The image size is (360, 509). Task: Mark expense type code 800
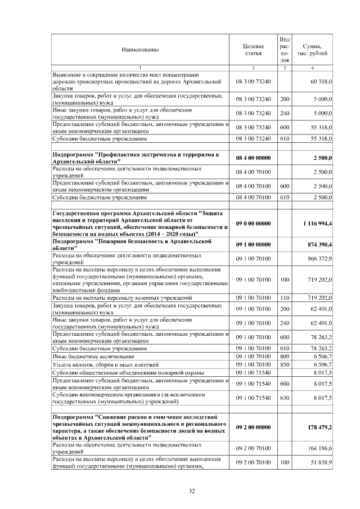(284, 356)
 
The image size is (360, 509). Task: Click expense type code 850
(284, 364)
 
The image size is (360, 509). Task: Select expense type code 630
(284, 398)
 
